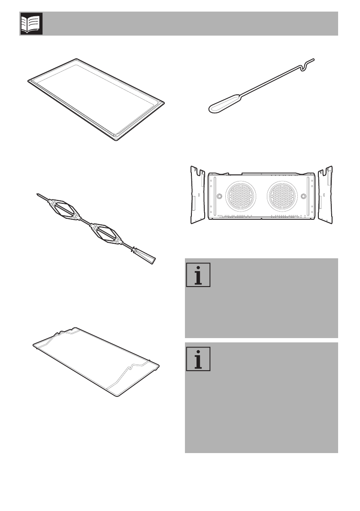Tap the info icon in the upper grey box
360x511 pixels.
click(x=198, y=275)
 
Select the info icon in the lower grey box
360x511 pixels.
click(x=198, y=359)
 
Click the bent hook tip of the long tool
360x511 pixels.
click(x=306, y=64)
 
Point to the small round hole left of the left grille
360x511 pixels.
click(x=219, y=196)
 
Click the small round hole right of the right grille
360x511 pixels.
click(x=303, y=196)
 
